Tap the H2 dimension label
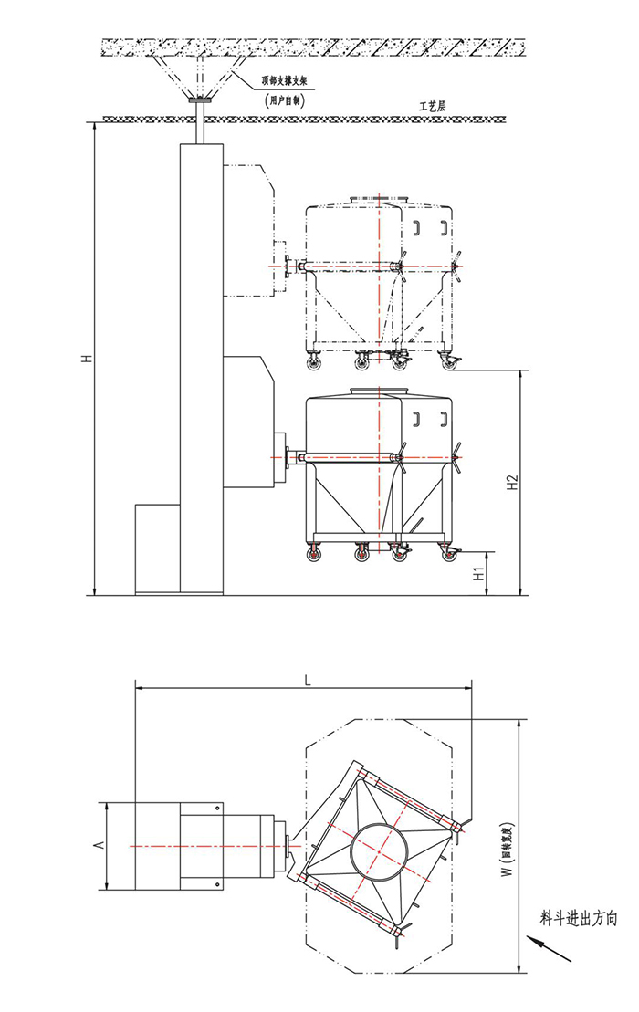pyautogui.click(x=513, y=481)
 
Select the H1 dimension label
pyautogui.click(x=477, y=574)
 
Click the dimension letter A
pyautogui.click(x=100, y=845)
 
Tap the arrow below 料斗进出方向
pyautogui.click(x=550, y=948)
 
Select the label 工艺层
pyautogui.click(x=431, y=107)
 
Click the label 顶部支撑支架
pyautogui.click(x=275, y=82)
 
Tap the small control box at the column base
pyautogui.click(x=157, y=548)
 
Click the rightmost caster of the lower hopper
pyautogui.click(x=447, y=552)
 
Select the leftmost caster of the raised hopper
pyautogui.click(x=315, y=361)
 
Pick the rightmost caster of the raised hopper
pyautogui.click(x=448, y=361)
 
